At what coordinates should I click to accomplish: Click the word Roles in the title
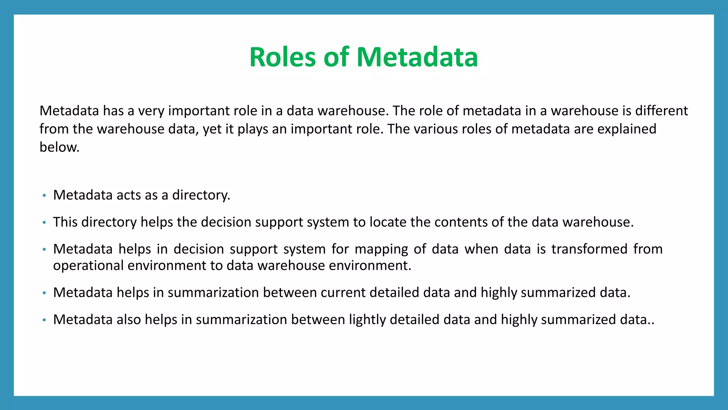pyautogui.click(x=282, y=57)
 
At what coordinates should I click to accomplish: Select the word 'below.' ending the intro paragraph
pyautogui.click(x=59, y=147)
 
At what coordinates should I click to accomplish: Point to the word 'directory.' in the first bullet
pyautogui.click(x=201, y=195)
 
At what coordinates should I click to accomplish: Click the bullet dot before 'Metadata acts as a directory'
pyautogui.click(x=44, y=195)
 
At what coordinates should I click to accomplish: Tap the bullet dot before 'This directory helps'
pyautogui.click(x=44, y=222)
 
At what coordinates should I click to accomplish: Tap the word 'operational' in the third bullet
pyautogui.click(x=88, y=266)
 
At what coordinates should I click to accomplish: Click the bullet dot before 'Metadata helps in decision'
pyautogui.click(x=44, y=249)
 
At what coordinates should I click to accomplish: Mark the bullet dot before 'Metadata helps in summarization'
pyautogui.click(x=44, y=293)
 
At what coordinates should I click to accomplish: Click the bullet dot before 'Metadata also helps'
pyautogui.click(x=44, y=320)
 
